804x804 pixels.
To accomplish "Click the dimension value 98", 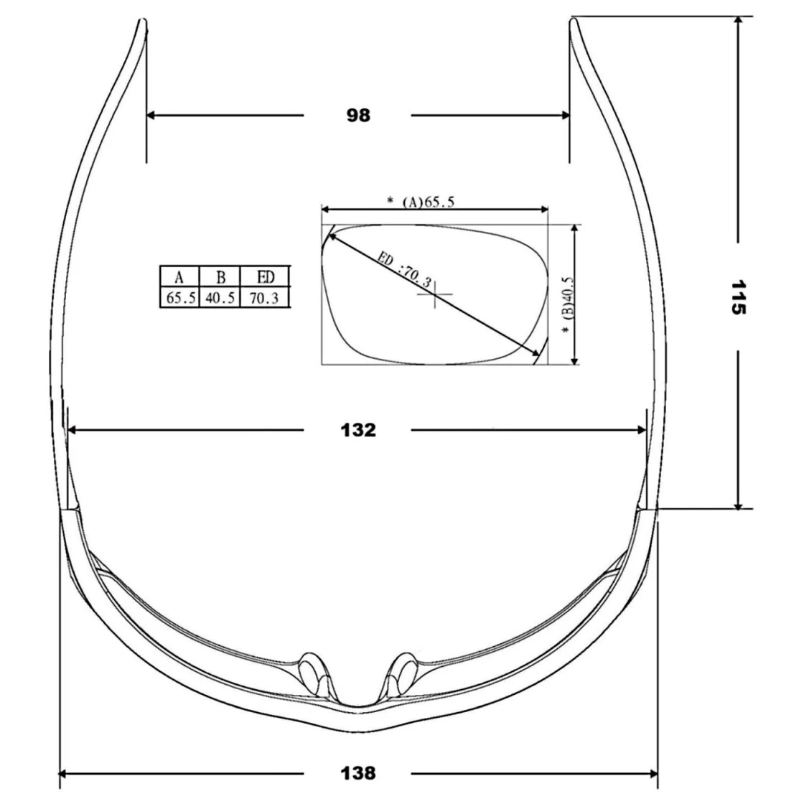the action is pos(358,116).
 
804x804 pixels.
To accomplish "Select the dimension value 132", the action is pos(358,430).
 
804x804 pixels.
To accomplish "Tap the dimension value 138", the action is pos(358,772).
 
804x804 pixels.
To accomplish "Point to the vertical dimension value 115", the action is pos(738,297).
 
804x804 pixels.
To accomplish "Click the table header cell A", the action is pos(179,277).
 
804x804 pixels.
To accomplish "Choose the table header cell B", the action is pos(220,277).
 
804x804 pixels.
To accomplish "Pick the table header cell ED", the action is pos(266,277).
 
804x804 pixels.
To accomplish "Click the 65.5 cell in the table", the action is pos(180,298).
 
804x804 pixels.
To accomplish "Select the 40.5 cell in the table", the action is pos(220,298).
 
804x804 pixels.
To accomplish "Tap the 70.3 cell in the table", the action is pos(264,298).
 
